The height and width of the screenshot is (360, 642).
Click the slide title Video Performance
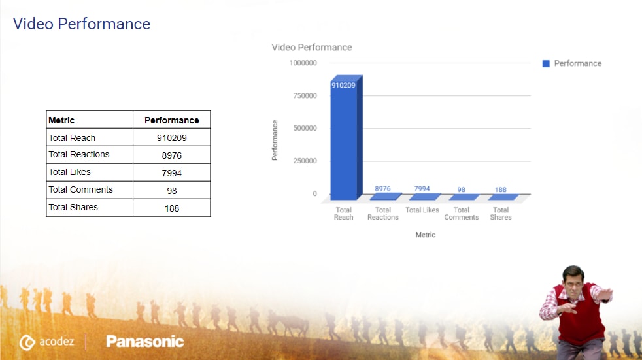tap(82, 25)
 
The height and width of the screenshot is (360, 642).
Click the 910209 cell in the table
tap(172, 138)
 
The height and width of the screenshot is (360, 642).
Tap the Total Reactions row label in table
tap(79, 155)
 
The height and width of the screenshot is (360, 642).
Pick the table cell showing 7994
tap(172, 173)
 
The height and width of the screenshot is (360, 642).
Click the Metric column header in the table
tap(61, 120)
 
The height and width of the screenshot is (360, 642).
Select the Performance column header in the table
tap(172, 120)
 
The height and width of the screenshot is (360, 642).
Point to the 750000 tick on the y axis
tap(303, 96)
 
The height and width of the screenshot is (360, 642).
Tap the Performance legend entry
tap(572, 63)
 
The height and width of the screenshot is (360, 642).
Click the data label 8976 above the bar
tap(382, 189)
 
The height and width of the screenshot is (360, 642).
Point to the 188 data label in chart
tap(501, 190)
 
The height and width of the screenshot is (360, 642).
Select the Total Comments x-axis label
tap(462, 214)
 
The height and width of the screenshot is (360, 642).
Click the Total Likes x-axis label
tap(422, 210)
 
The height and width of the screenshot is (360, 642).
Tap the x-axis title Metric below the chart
tap(426, 235)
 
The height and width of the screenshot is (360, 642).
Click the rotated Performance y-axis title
tap(275, 140)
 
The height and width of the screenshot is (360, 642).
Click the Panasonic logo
tap(144, 341)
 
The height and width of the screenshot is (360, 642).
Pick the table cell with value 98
tap(172, 191)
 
